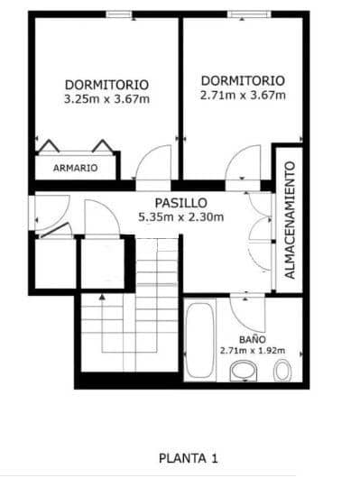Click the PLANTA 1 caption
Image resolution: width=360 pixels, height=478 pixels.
[x=188, y=458]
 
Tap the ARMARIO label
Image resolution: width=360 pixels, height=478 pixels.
[x=75, y=168]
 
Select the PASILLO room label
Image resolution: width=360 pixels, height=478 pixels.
[x=180, y=203]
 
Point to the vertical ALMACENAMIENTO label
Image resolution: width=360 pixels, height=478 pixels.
[x=290, y=220]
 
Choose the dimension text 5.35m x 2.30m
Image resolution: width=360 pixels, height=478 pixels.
[x=180, y=217]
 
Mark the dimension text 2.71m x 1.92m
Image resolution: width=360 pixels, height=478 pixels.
[x=253, y=350]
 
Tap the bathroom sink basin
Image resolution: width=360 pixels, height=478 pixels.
[x=243, y=371]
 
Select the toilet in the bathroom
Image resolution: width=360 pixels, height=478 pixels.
[x=282, y=371]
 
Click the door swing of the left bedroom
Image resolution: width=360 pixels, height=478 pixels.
[x=154, y=163]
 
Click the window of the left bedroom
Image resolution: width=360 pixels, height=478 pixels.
[x=120, y=14]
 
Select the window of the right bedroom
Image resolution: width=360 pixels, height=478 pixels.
[x=244, y=14]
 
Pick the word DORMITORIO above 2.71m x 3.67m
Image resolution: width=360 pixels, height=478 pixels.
[x=243, y=80]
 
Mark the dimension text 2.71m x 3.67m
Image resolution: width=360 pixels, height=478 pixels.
[x=243, y=95]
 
